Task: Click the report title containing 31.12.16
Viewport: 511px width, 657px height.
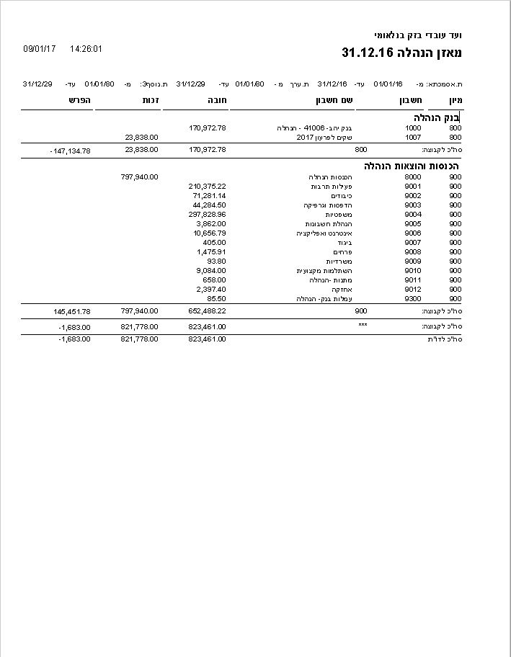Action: pos(401,53)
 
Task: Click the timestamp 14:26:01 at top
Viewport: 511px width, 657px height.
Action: pos(86,49)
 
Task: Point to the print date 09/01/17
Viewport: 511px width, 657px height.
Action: pos(40,49)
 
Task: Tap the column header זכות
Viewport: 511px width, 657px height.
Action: pos(151,100)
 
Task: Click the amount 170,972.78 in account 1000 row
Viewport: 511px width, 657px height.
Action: pos(208,128)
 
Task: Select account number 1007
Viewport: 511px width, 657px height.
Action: pos(413,137)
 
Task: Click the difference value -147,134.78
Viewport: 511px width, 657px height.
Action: pos(71,151)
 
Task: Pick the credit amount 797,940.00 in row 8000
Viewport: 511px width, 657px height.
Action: pos(140,176)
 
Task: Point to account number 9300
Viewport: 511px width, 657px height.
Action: pos(413,298)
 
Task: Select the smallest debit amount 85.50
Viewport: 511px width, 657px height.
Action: pos(216,298)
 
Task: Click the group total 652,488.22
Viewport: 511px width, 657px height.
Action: pos(207,311)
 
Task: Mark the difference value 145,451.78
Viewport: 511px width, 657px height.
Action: pos(72,311)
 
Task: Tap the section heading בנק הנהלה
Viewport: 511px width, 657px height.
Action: pos(437,117)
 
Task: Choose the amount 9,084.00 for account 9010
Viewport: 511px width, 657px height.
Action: pos(211,270)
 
